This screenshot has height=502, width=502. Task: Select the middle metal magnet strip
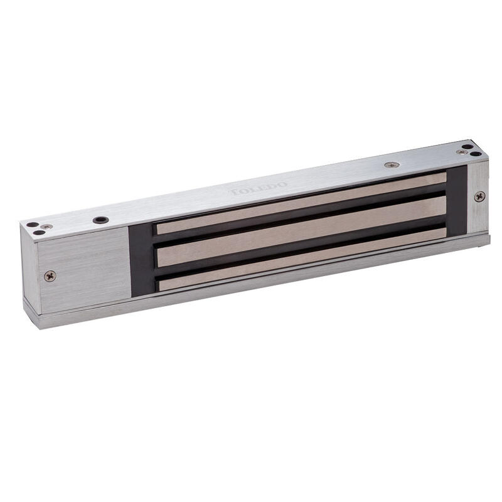tap(301, 229)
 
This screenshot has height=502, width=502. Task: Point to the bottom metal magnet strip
tap(301, 257)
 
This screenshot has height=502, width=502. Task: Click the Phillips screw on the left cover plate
tap(50, 275)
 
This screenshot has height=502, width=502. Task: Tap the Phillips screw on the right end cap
tap(479, 196)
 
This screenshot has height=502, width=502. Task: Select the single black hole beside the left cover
tap(100, 220)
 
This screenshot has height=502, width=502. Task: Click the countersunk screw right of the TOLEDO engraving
tap(392, 165)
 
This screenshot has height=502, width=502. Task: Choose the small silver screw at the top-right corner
tap(462, 152)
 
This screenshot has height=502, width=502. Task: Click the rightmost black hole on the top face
tap(477, 154)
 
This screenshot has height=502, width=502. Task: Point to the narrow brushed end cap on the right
tap(478, 198)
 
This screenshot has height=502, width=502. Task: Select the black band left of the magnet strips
tap(141, 257)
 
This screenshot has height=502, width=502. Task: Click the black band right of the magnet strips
tap(457, 201)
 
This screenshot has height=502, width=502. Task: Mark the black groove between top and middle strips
tap(301, 215)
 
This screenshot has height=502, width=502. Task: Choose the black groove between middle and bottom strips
tap(301, 244)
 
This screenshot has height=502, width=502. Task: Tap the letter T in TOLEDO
tap(233, 191)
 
